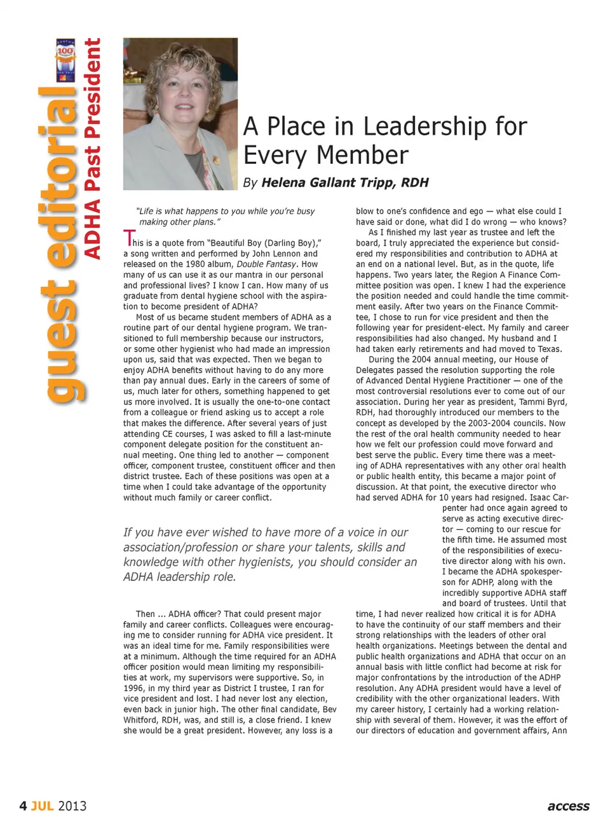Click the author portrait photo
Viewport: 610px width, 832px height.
point(180,114)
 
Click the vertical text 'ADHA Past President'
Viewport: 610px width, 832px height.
point(93,149)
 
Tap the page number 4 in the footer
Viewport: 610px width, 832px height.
point(23,806)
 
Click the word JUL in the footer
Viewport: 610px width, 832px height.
point(42,806)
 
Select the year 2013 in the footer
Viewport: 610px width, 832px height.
point(72,806)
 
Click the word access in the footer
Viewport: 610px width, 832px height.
point(568,806)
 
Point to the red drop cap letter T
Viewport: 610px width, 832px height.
point(128,239)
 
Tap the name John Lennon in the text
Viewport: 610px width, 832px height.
point(276,253)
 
